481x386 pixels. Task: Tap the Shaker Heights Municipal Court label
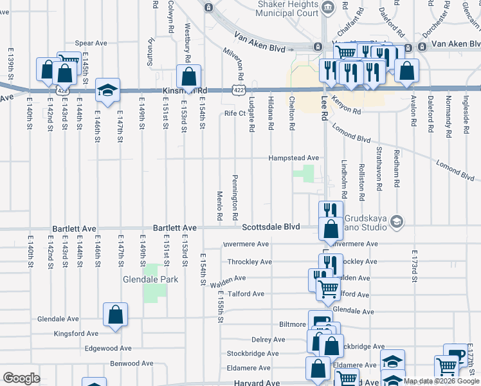point(288,8)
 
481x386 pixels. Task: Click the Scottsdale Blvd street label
point(271,227)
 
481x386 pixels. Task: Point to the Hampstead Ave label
point(294,158)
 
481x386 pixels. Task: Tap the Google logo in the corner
point(21,378)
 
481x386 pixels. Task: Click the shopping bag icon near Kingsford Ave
point(116,315)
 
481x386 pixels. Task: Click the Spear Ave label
point(91,43)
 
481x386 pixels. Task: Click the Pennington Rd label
point(235,192)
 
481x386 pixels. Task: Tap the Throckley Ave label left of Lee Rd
point(250,262)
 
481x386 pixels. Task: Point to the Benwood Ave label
point(132,363)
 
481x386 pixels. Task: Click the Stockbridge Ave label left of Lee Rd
point(252,353)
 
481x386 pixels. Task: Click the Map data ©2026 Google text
point(441,381)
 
